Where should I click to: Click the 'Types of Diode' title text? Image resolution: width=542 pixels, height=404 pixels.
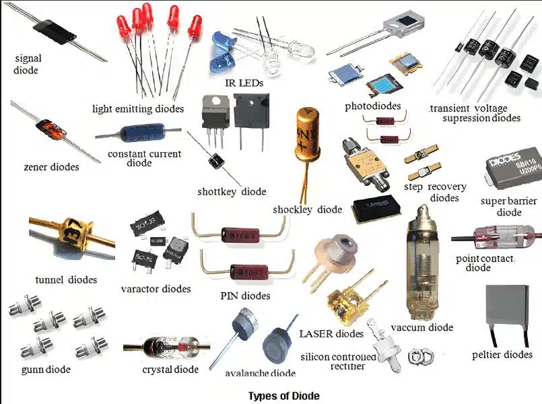click(283, 395)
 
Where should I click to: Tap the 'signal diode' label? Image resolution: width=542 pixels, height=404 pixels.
click(27, 64)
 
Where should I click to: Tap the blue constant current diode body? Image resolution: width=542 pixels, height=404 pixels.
click(139, 132)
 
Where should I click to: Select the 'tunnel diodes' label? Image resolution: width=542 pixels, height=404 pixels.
click(66, 279)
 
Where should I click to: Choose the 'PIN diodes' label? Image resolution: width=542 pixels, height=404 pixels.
click(245, 296)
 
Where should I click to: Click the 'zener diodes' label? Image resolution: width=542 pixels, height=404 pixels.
click(51, 166)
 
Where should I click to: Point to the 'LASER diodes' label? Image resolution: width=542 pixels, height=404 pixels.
click(331, 333)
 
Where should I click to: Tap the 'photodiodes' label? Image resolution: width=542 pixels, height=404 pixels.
click(372, 106)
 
